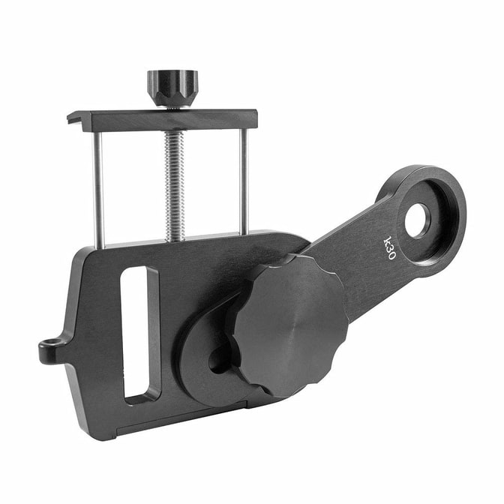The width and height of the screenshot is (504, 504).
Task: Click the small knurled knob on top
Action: pyautogui.click(x=172, y=88)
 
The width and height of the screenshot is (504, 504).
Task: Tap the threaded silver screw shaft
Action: pyautogui.click(x=174, y=187)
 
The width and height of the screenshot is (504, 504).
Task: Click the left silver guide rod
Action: pyautogui.click(x=98, y=190)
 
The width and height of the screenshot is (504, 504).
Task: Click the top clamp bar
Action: pyautogui.click(x=162, y=120)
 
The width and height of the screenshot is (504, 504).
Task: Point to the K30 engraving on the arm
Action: pyautogui.click(x=389, y=248)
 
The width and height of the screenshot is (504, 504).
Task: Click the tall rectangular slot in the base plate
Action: pyautogui.click(x=139, y=334)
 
